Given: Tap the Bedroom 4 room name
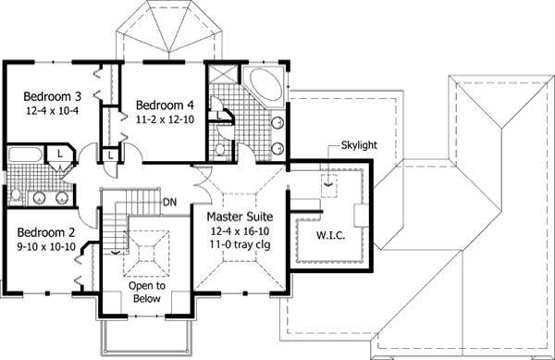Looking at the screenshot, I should (x=163, y=104).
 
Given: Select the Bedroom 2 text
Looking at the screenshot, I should (x=44, y=231).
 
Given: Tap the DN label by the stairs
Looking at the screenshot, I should (x=169, y=202).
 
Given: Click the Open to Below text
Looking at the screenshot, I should (x=146, y=292).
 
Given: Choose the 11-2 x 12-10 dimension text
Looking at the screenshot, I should (x=163, y=118).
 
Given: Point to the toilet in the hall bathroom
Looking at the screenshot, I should (x=16, y=194).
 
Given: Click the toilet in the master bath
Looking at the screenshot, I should (x=220, y=149).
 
